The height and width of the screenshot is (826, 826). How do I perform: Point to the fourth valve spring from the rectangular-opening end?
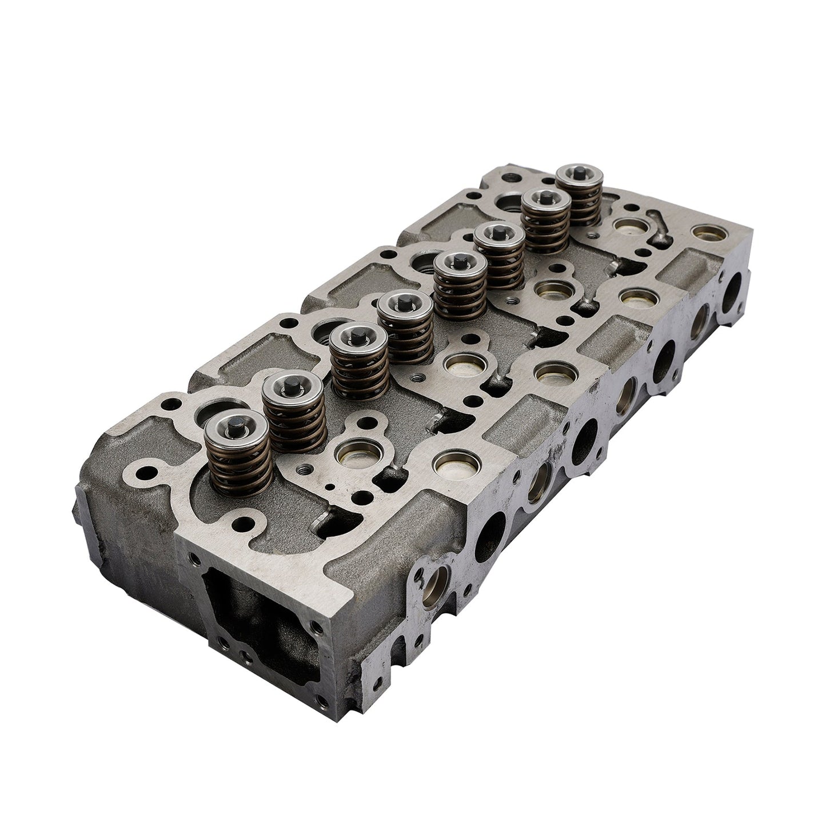pos(407,329)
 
